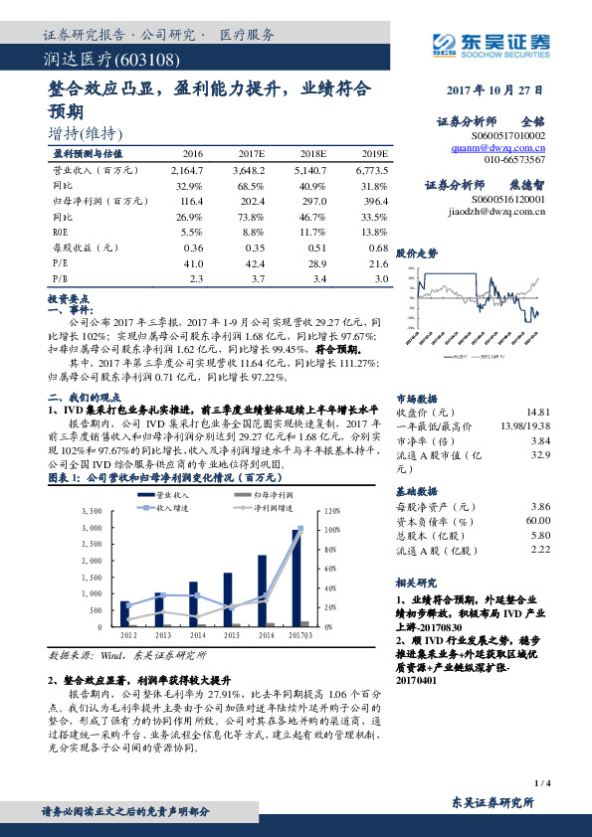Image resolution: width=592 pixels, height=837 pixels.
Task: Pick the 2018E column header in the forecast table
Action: coord(312,154)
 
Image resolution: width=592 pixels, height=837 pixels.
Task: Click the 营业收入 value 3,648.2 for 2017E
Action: coord(247,171)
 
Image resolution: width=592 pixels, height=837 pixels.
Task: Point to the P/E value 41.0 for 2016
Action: coord(193,263)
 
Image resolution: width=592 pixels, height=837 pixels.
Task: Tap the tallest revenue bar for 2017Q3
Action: coord(296,576)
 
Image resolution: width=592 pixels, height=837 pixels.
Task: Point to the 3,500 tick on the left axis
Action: coord(91,510)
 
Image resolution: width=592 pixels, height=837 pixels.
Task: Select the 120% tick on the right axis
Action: coord(331,510)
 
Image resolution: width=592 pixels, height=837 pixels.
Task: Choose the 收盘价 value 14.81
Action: coord(538,411)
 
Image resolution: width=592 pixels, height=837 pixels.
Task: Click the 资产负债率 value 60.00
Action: coord(536,520)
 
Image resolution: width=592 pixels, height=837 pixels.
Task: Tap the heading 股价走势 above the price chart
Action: coord(417,253)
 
